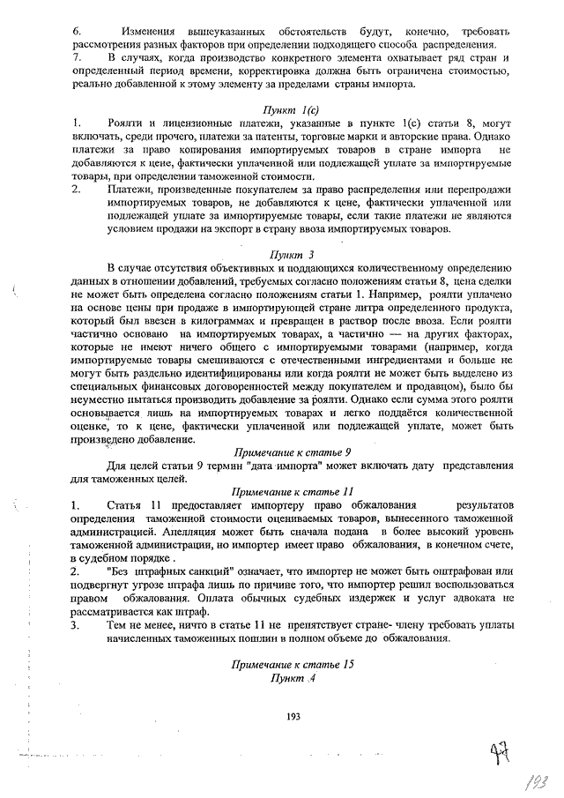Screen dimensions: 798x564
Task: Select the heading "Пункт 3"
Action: click(293, 252)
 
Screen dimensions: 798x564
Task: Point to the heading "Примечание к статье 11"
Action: click(293, 490)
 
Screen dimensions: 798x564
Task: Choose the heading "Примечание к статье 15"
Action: click(293, 663)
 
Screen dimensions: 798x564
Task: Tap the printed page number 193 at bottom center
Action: click(293, 716)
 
